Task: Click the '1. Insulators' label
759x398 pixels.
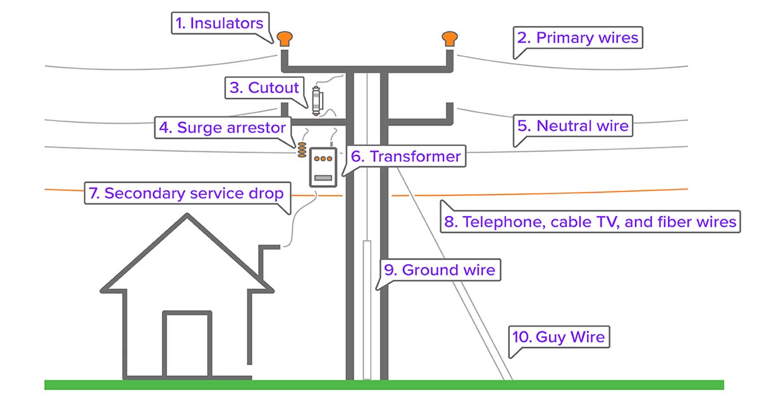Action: pyautogui.click(x=219, y=23)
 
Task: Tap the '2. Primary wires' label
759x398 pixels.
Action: pyautogui.click(x=577, y=37)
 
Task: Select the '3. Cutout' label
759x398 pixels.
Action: pyautogui.click(x=264, y=88)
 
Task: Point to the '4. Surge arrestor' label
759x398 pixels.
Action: pyautogui.click(x=223, y=128)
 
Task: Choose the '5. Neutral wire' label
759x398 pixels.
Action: pyautogui.click(x=573, y=126)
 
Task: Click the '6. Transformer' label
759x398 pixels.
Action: pyautogui.click(x=405, y=157)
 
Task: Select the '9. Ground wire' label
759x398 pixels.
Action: pyautogui.click(x=440, y=270)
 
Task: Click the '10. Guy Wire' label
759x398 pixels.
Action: pyautogui.click(x=558, y=337)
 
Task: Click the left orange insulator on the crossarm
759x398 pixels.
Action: pyautogui.click(x=285, y=39)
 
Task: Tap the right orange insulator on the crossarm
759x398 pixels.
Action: pyautogui.click(x=450, y=39)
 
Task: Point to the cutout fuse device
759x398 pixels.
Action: pyautogui.click(x=317, y=100)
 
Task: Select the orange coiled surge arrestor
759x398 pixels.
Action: pyautogui.click(x=302, y=150)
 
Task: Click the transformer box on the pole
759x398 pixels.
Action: pyautogui.click(x=323, y=167)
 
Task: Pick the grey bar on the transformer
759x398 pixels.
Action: pyautogui.click(x=323, y=178)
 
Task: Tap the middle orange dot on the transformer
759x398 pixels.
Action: pyautogui.click(x=323, y=159)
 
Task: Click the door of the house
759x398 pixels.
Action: pyautogui.click(x=187, y=344)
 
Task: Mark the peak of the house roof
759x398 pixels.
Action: pyautogui.click(x=187, y=214)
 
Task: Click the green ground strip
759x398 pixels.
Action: pyautogui.click(x=385, y=385)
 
